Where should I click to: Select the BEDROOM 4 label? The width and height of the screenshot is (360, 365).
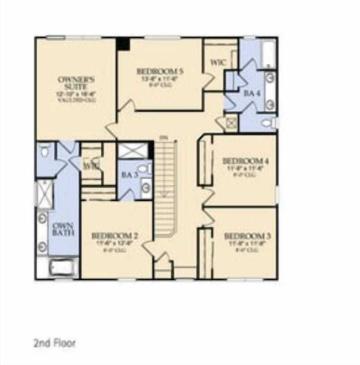tap(246, 161)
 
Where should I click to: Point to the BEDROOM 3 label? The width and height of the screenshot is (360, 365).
tap(247, 236)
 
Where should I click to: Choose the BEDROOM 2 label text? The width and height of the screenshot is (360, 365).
tap(115, 236)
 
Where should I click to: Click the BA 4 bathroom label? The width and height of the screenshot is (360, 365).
tap(252, 93)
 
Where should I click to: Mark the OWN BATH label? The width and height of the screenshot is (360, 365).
tap(63, 229)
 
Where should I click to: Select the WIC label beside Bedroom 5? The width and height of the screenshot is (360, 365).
tap(218, 63)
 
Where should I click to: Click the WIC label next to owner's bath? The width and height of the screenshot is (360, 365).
tap(90, 165)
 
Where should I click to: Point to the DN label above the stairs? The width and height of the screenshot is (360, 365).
tap(163, 137)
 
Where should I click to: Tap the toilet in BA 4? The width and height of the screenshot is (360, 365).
tap(268, 122)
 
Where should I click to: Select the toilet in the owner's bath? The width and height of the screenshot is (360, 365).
tap(45, 151)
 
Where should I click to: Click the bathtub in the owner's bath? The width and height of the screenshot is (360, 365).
tap(63, 268)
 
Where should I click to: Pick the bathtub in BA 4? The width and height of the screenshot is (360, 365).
tap(268, 54)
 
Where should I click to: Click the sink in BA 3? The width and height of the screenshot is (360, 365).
tap(146, 184)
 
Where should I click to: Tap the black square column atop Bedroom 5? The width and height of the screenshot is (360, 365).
tap(123, 44)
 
